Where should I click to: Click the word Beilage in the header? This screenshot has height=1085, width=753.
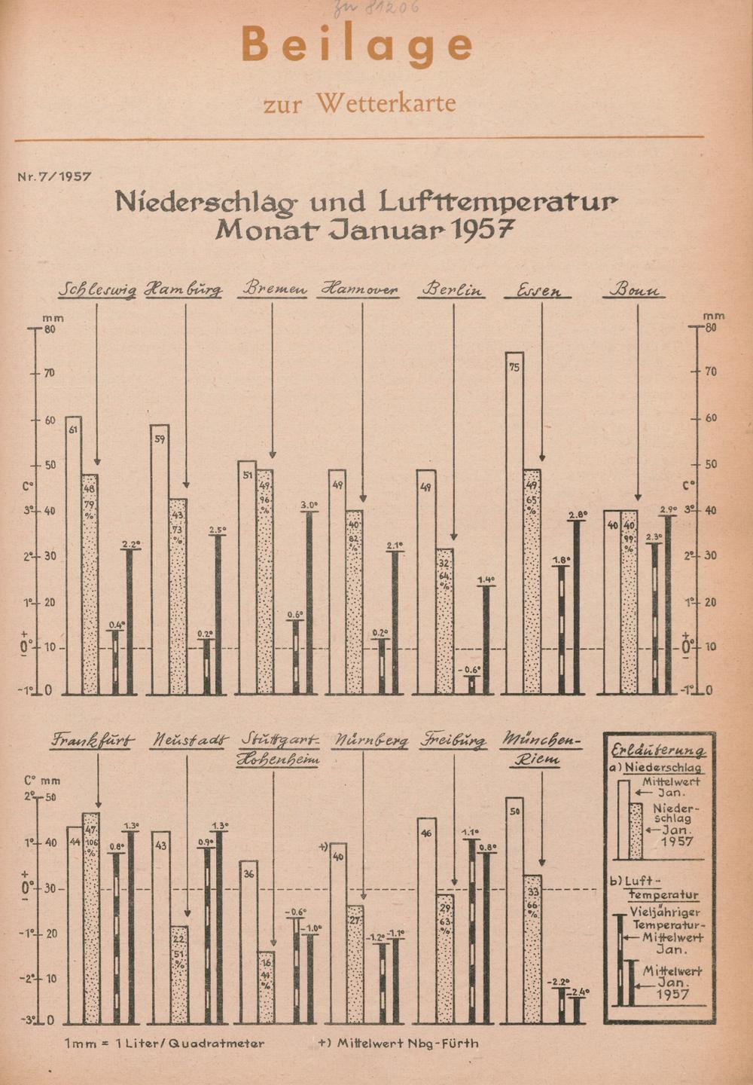coord(357,45)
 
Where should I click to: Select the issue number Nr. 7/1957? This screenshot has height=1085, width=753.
coord(54,177)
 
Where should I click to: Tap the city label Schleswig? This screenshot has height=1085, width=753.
coord(97,290)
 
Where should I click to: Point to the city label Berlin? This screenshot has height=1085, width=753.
coord(453,290)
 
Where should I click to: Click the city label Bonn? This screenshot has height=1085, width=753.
coord(634,290)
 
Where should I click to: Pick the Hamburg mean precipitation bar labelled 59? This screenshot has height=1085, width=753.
coord(160,558)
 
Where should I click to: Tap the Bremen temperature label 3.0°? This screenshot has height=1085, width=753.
coord(309,505)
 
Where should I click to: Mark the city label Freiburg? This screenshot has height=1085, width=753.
coord(453,741)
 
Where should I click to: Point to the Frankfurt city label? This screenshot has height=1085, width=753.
coord(93,741)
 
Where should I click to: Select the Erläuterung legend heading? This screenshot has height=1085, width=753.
coord(657,750)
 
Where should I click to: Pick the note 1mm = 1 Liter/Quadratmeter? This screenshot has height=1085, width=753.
coord(165,1044)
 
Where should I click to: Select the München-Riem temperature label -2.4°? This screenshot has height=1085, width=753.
coord(579,992)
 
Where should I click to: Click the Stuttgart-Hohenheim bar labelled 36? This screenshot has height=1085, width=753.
coord(249,942)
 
